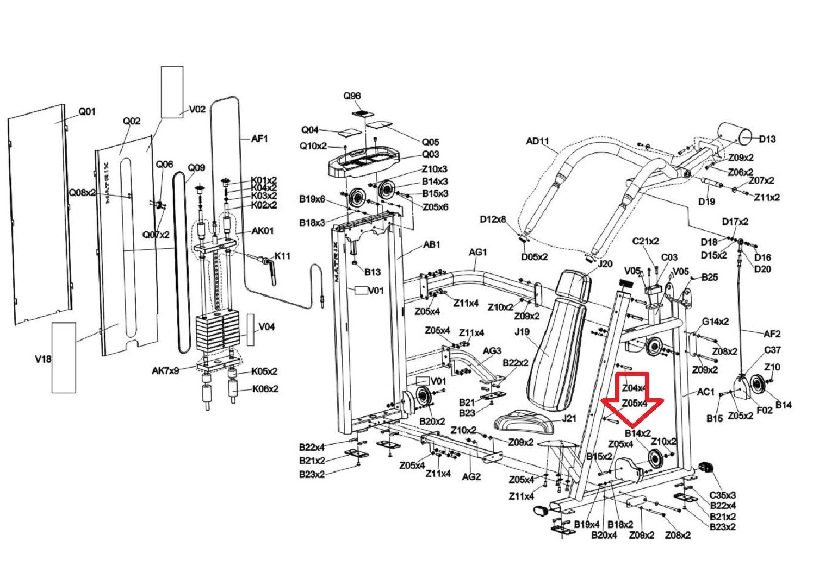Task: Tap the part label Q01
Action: coord(87,111)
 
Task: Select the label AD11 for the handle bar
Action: coord(537,141)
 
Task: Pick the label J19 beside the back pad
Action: coord(521,332)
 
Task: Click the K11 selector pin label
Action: coord(282,256)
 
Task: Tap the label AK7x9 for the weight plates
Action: coord(165,372)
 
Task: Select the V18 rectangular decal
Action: coord(64,357)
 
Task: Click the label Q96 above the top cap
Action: coord(352,96)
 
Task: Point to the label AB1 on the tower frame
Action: coord(432,244)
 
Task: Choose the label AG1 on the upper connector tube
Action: coord(478,252)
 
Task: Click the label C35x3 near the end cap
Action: coord(723,495)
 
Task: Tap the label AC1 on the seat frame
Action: coord(705,392)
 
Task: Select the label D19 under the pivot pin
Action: coord(706,202)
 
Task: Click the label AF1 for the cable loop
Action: coord(259,139)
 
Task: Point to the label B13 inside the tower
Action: coord(373,272)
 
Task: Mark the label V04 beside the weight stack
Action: coord(266,327)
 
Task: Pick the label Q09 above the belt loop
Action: coord(196,168)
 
